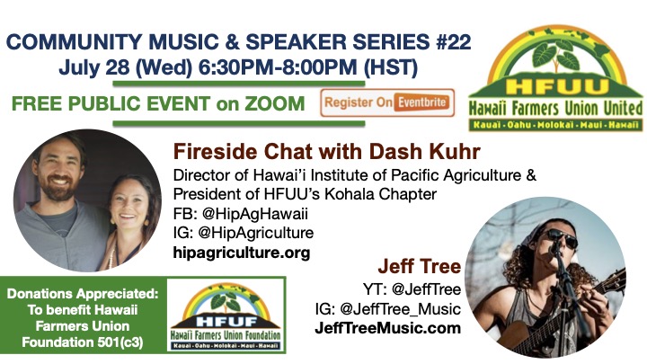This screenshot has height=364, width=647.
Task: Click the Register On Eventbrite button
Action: pyautogui.click(x=387, y=102)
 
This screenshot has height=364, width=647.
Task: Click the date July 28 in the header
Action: pyautogui.click(x=94, y=67)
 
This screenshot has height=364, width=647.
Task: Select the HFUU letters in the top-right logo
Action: pyautogui.click(x=556, y=86)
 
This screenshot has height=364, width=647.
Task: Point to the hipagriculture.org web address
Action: pyautogui.click(x=242, y=253)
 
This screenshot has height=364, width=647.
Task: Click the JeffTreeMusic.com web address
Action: pyautogui.click(x=388, y=329)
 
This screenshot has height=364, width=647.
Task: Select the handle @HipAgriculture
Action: pyautogui.click(x=256, y=233)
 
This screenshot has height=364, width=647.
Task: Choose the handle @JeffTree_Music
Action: pyautogui.click(x=400, y=309)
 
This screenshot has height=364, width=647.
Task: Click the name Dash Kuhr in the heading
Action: pyautogui.click(x=424, y=152)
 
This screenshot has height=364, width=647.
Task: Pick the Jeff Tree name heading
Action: pyautogui.click(x=420, y=267)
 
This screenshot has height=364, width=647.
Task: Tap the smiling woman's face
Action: pyautogui.click(x=129, y=203)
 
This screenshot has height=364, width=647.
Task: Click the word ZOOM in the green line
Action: pyautogui.click(x=274, y=103)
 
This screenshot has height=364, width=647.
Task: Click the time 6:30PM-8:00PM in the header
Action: pyautogui.click(x=278, y=67)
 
